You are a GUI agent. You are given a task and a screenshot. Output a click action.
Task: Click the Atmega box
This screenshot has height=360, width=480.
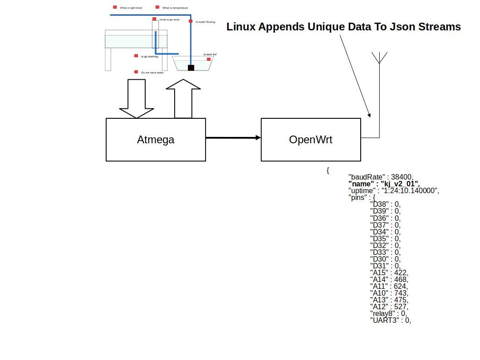156,140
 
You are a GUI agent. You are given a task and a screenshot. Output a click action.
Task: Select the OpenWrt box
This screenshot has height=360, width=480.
311,140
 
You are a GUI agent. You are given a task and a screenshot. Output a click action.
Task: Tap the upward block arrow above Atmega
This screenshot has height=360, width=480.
183,99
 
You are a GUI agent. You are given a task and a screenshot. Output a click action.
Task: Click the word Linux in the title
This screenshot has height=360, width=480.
241,27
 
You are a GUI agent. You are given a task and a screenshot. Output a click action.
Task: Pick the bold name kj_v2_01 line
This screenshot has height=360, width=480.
384,184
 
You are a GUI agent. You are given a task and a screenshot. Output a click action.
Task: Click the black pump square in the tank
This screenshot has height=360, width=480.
191,68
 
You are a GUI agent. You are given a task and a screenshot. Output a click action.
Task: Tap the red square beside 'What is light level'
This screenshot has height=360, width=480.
115,7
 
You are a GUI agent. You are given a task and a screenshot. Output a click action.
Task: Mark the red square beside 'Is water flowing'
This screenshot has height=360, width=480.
191,21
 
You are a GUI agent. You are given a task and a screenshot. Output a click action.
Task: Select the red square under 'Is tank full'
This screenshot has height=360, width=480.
209,59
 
